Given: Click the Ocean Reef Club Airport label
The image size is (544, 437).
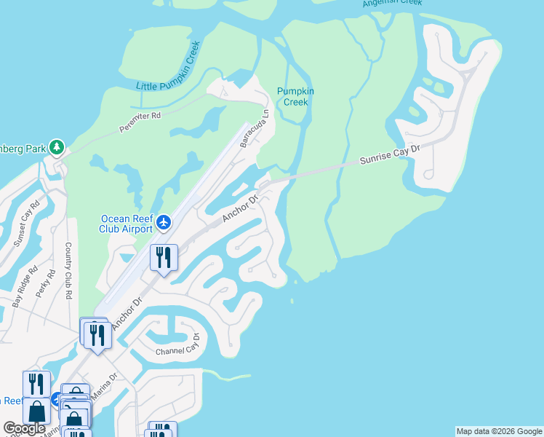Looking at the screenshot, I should [x=127, y=224].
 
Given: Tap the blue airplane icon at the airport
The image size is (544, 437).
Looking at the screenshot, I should [x=164, y=221].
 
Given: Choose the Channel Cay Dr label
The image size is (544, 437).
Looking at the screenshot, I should [x=177, y=347].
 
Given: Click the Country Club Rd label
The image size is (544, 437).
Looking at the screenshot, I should [x=68, y=271].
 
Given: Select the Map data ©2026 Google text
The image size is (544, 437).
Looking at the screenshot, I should [x=499, y=431].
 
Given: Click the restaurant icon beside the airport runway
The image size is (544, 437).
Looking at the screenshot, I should [x=164, y=257].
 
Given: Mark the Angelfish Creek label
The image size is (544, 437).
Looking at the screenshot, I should [x=393, y=3].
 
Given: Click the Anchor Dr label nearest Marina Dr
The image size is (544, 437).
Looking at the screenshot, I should [x=124, y=315].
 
